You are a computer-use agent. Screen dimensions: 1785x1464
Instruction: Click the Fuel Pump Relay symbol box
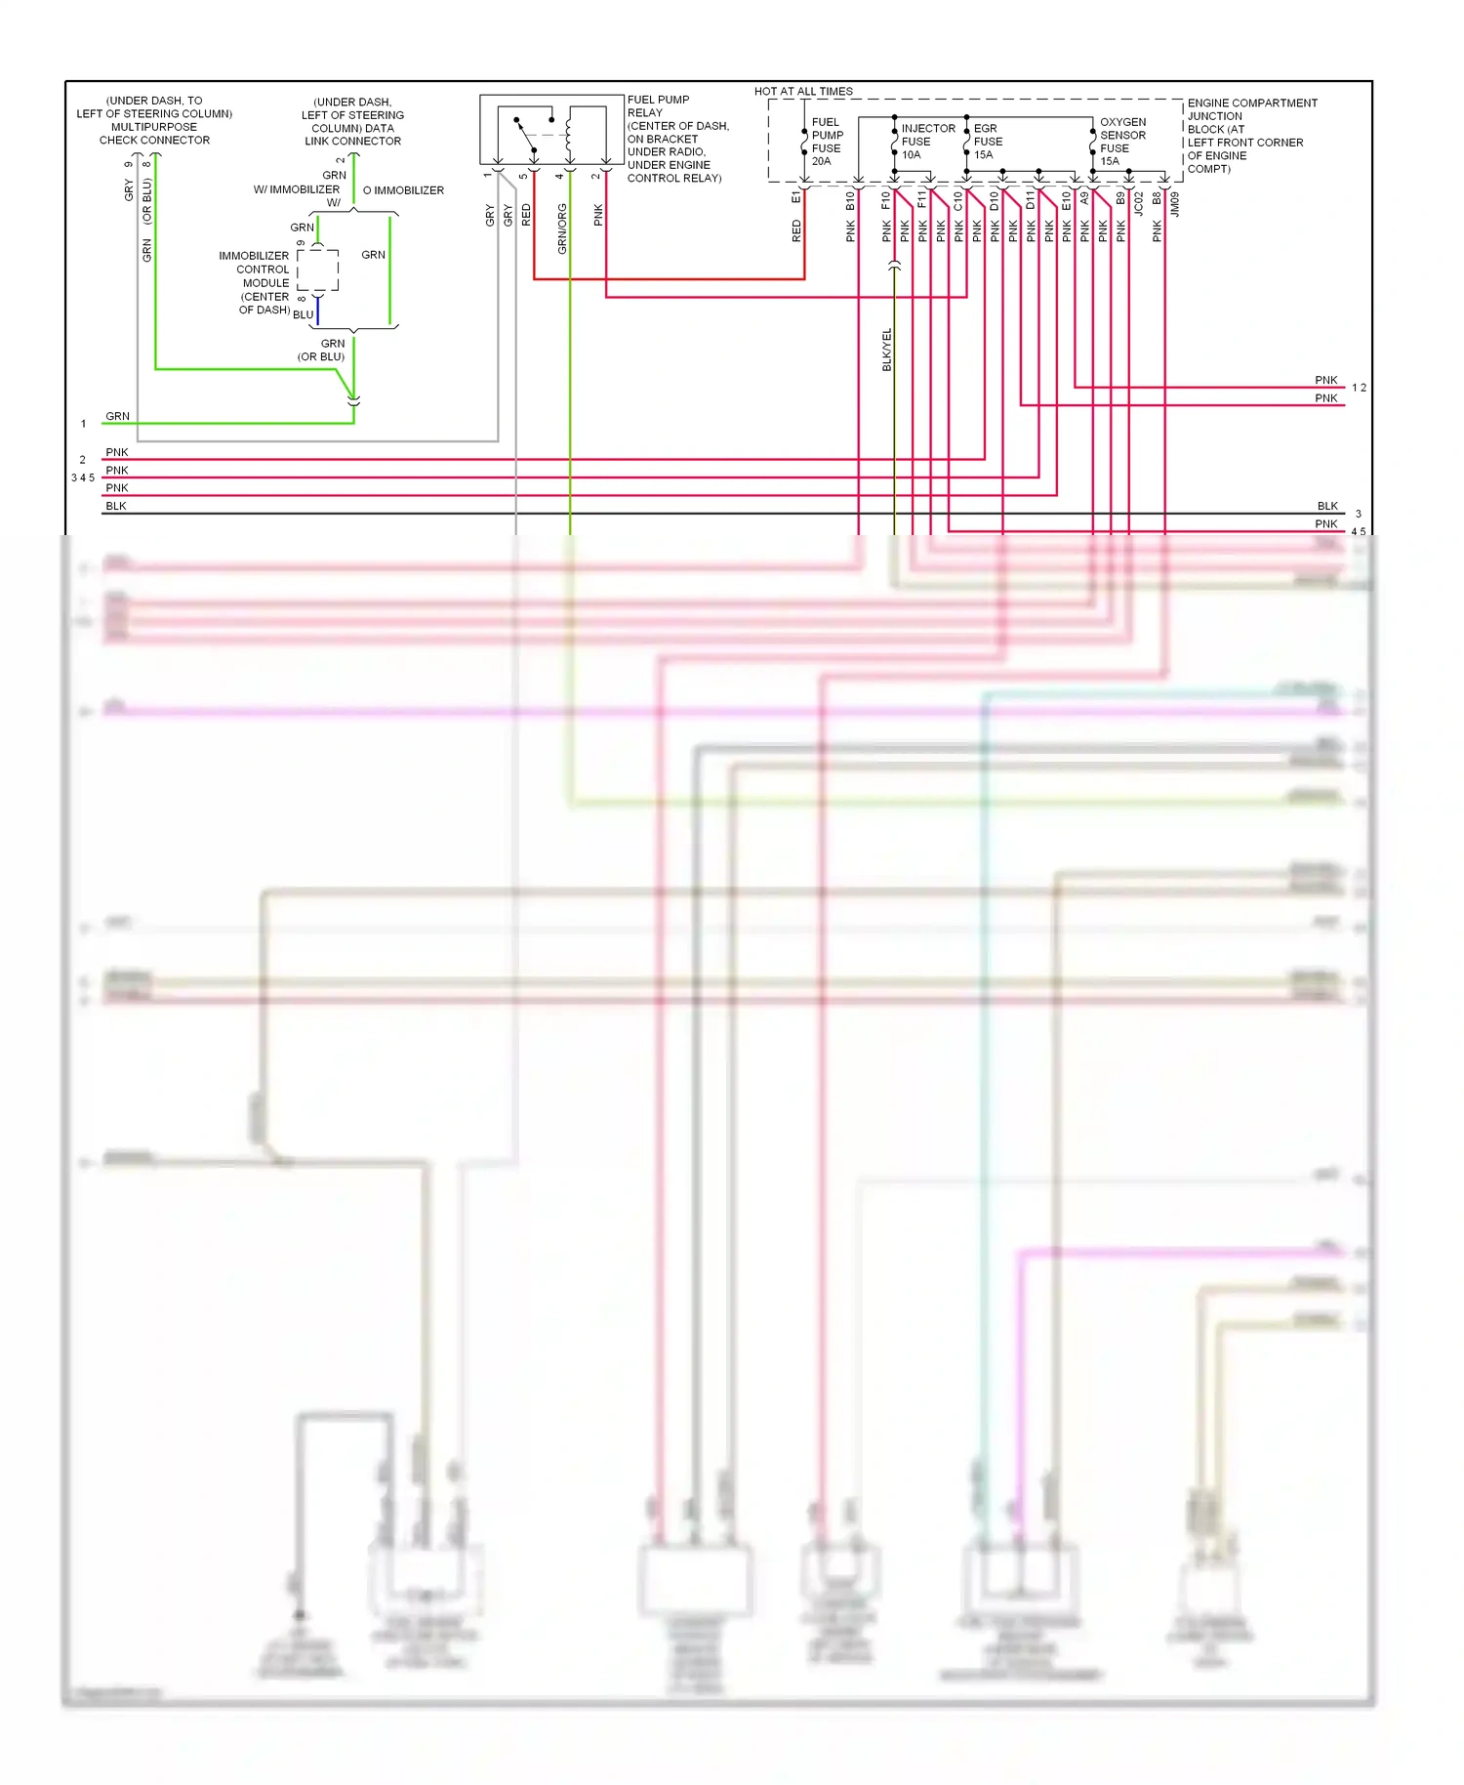551,129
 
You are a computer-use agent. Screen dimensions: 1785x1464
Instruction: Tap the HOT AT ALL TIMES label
803,91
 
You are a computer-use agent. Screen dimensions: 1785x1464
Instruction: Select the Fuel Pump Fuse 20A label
826,142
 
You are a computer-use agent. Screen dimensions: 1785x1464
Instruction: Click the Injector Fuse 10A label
926,142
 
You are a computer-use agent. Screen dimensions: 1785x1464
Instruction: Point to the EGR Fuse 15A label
988,142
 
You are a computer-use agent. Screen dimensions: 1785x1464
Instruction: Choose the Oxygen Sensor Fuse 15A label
1122,142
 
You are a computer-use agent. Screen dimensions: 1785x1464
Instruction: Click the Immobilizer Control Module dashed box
318,270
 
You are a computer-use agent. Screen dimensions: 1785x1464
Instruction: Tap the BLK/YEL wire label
887,350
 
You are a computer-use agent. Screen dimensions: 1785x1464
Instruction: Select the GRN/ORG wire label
562,228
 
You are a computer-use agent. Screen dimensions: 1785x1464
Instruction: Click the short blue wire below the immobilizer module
318,311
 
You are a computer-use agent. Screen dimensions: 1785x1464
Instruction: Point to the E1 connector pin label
795,197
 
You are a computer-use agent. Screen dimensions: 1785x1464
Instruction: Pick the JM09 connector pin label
1175,203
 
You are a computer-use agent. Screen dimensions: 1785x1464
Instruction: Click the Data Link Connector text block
352,122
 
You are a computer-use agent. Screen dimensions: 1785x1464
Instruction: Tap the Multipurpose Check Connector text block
154,120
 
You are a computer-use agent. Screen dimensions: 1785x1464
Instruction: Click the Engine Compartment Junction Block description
1250,136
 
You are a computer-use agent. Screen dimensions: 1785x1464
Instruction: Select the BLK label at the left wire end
116,506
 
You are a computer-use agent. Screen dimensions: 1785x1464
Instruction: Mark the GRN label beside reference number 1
117,416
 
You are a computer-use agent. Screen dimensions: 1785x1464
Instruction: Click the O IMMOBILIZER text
403,190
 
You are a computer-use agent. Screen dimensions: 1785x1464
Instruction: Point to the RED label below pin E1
796,230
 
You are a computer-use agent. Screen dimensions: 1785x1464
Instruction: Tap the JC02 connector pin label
1139,203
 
